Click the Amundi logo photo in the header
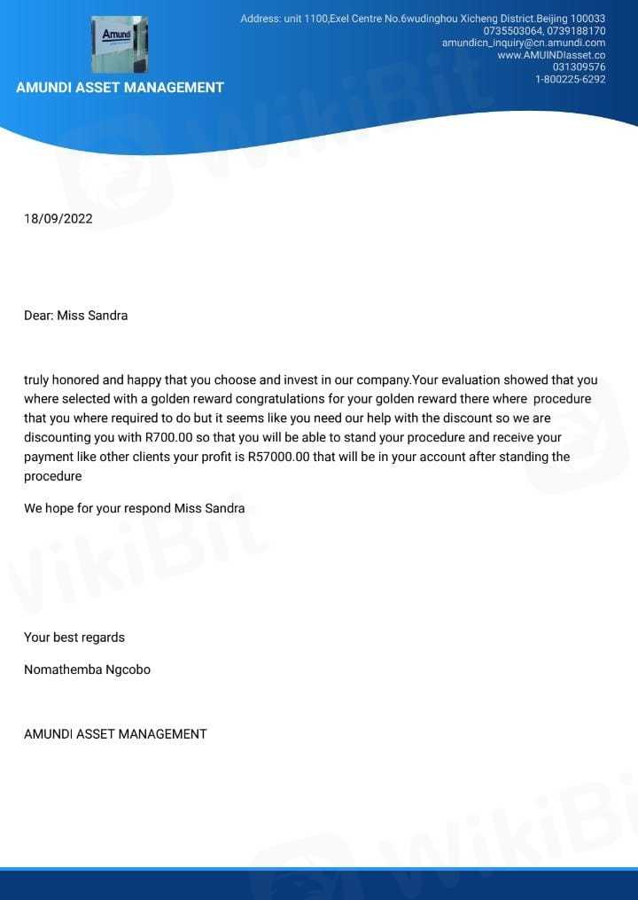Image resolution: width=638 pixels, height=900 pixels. (x=120, y=44)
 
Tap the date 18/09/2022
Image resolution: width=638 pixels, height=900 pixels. (x=58, y=218)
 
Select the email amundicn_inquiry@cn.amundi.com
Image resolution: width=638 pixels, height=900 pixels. (x=524, y=43)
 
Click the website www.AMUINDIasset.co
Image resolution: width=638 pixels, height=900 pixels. (x=551, y=55)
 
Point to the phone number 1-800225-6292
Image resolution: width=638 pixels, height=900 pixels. (x=570, y=79)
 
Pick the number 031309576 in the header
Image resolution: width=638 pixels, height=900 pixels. (x=579, y=67)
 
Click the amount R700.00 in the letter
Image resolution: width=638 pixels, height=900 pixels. (x=171, y=438)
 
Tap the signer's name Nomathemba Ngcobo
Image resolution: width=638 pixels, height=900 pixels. (x=87, y=669)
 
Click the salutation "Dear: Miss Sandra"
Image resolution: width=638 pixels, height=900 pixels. (x=75, y=315)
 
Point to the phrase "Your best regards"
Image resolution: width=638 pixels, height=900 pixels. (x=74, y=638)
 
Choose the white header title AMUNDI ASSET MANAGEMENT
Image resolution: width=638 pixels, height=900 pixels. (x=120, y=88)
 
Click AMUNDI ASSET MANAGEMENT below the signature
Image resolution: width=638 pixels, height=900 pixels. (x=115, y=734)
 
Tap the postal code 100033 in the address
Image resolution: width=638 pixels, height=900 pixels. (x=587, y=19)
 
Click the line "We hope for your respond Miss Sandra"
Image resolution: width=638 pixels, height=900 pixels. (x=134, y=508)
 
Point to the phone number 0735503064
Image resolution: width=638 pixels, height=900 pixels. (x=513, y=31)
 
